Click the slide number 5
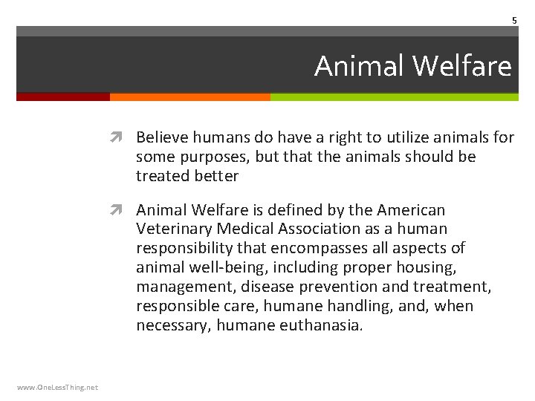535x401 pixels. pyautogui.click(x=513, y=21)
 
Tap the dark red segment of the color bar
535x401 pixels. pyautogui.click(x=63, y=97)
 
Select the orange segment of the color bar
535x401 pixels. pyautogui.click(x=189, y=97)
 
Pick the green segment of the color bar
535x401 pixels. pyautogui.click(x=394, y=97)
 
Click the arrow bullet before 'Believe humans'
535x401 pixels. pyautogui.click(x=123, y=137)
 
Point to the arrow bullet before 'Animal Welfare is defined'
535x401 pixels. pyautogui.click(x=123, y=210)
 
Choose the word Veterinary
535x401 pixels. pyautogui.click(x=173, y=229)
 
